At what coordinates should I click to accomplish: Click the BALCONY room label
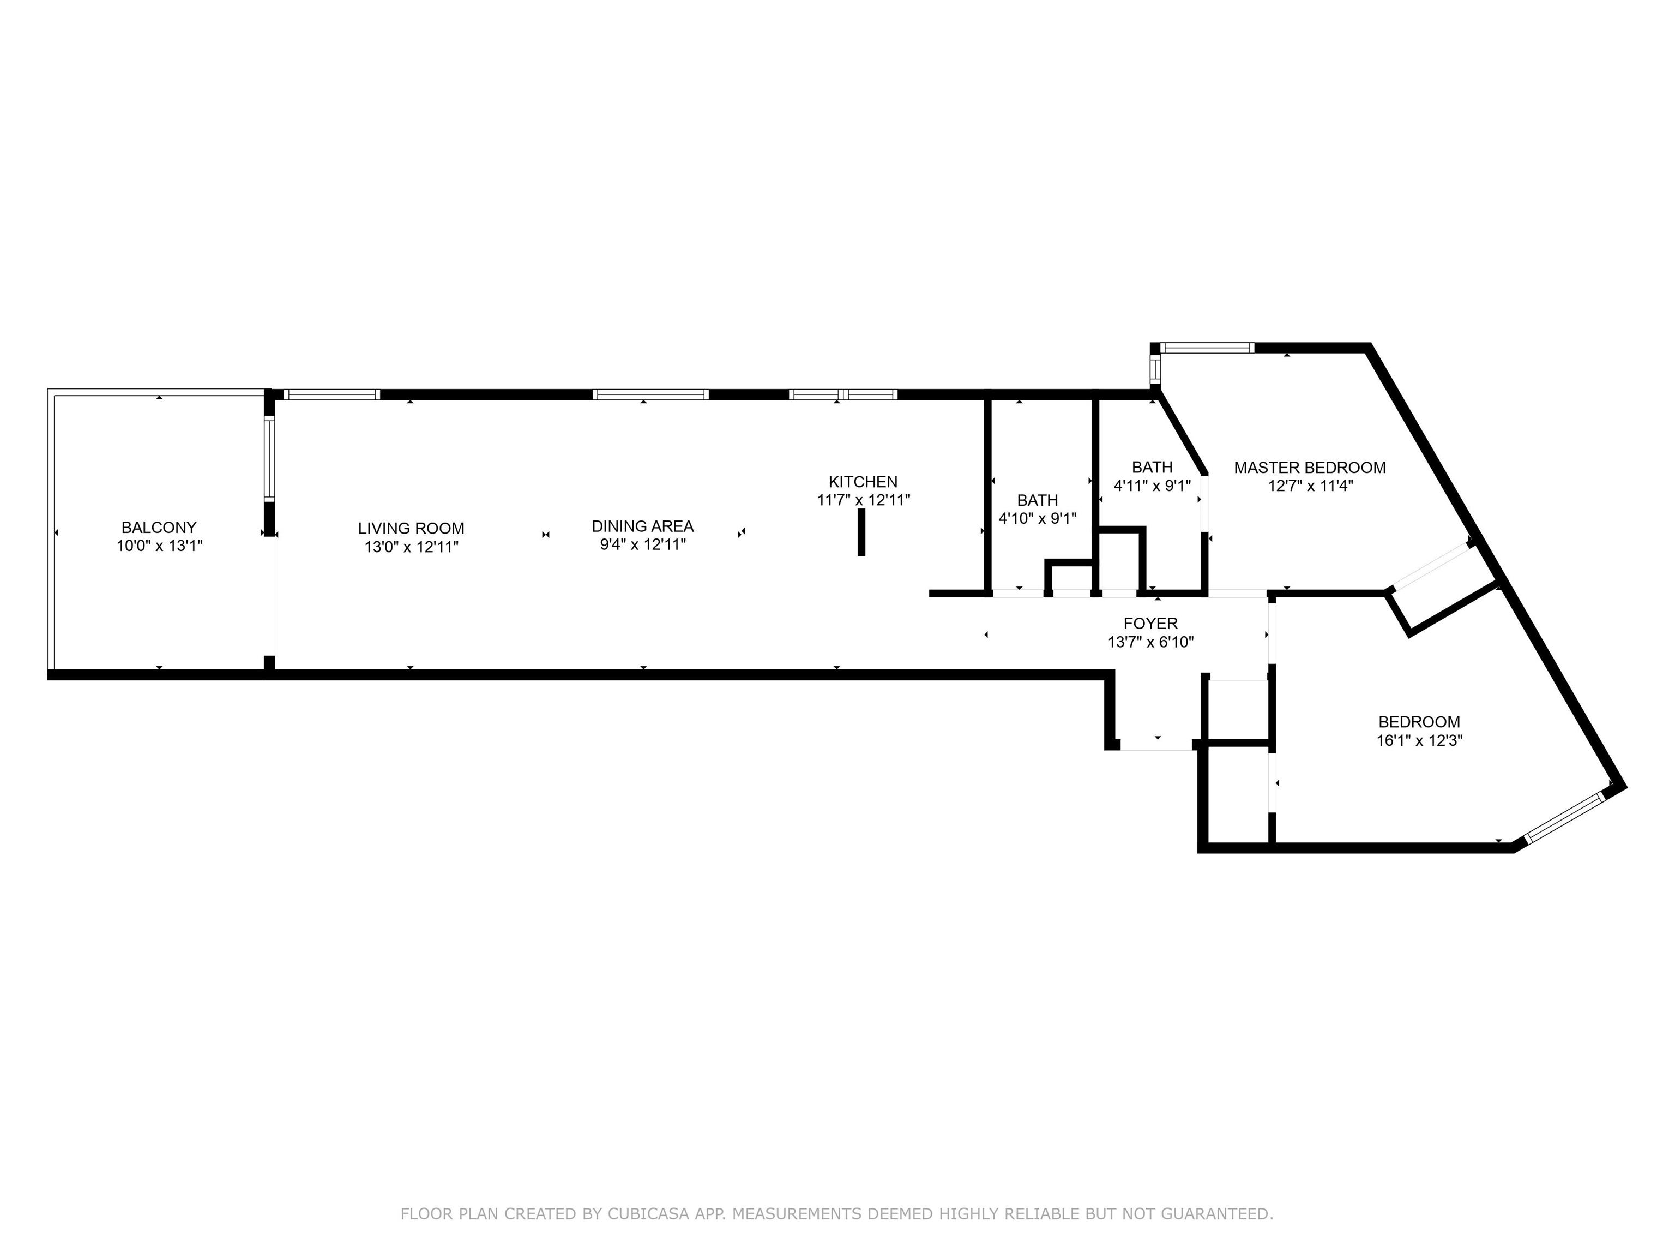click(x=159, y=528)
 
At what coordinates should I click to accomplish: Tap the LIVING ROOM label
click(x=411, y=529)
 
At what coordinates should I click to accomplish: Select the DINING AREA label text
click(x=643, y=526)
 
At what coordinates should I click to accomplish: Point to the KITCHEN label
click(x=863, y=482)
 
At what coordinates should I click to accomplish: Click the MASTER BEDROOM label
click(x=1310, y=468)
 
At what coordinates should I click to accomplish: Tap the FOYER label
click(x=1150, y=624)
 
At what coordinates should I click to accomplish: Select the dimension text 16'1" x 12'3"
click(x=1419, y=741)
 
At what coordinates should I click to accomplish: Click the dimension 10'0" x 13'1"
click(x=159, y=546)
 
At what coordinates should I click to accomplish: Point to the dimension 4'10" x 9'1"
click(x=1038, y=519)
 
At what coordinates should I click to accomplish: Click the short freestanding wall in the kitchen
click(x=861, y=532)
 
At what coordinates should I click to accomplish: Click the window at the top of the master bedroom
click(x=1207, y=349)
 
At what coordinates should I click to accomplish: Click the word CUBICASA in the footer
click(x=648, y=1214)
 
